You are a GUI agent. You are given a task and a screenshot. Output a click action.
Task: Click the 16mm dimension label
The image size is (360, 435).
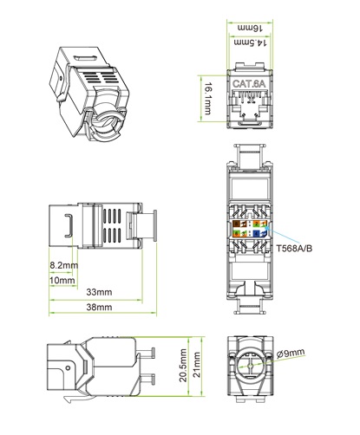tap(250, 28)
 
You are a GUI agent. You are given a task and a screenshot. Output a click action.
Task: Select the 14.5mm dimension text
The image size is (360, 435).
tap(250, 42)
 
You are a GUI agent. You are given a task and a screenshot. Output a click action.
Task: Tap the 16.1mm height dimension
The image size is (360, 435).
tap(208, 99)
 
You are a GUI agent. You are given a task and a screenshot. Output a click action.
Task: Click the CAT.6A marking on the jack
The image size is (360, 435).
tap(249, 84)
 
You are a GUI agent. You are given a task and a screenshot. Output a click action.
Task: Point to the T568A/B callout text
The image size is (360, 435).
tap(294, 249)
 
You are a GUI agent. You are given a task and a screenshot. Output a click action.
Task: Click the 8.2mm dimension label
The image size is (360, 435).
tap(64, 265)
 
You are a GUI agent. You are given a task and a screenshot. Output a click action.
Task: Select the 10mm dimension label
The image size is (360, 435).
tap(62, 280)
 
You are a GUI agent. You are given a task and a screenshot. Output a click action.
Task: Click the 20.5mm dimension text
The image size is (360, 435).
tap(183, 366)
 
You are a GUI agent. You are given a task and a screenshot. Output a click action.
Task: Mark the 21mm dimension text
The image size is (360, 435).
tap(197, 365)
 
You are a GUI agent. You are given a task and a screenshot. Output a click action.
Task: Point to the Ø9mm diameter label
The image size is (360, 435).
tap(291, 353)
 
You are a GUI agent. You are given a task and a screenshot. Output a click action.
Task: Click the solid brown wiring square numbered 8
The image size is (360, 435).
tap(236, 224)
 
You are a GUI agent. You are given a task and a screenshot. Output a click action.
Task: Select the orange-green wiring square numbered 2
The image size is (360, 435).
tap(257, 224)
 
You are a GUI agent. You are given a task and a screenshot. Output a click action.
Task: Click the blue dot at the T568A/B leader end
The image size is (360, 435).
tap(267, 228)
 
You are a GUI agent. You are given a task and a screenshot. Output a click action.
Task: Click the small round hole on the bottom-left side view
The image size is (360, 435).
tap(68, 368)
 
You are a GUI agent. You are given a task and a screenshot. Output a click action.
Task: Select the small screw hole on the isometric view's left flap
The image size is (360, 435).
tap(61, 78)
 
